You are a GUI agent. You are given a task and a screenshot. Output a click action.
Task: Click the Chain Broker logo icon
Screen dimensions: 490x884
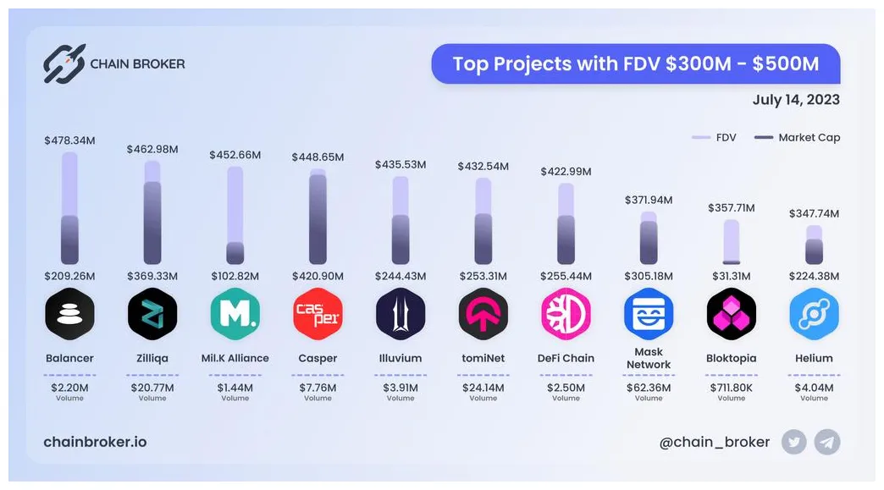[64, 63]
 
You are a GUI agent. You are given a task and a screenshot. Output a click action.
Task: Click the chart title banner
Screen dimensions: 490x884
[635, 63]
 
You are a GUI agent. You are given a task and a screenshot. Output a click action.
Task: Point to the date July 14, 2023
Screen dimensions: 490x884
[796, 100]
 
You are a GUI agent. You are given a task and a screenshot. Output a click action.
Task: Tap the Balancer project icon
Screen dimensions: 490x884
[69, 313]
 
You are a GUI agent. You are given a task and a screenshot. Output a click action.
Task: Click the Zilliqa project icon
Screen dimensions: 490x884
[152, 313]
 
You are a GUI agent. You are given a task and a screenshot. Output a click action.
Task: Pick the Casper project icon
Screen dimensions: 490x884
[318, 313]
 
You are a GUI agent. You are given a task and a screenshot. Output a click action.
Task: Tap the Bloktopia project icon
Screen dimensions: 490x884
[732, 313]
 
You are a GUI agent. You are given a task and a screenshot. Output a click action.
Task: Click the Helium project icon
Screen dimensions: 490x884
[814, 313]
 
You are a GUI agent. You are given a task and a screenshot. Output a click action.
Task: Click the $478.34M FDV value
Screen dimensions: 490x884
[69, 140]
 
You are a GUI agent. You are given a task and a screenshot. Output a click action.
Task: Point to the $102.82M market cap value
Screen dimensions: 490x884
[235, 276]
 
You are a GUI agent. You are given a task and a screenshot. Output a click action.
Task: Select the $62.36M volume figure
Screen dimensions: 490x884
[649, 388]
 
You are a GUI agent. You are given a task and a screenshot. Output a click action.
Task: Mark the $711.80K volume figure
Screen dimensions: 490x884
[732, 388]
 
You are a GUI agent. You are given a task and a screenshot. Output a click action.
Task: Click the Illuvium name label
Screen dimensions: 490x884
[401, 358]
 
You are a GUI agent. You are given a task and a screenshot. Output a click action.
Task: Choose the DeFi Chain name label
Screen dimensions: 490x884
[566, 358]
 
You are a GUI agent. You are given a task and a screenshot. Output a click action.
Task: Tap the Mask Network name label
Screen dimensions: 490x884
[649, 358]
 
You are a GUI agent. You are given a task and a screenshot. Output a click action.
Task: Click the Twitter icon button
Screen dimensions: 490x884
[794, 442]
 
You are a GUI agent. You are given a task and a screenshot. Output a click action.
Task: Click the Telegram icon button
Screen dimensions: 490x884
[827, 442]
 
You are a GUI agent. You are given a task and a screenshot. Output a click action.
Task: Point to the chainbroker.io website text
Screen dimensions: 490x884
[95, 442]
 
